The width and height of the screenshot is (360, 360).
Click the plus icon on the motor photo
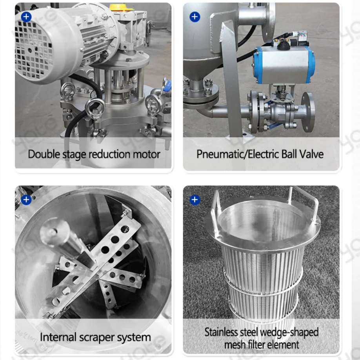26,17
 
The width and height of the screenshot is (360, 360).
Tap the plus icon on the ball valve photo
195,17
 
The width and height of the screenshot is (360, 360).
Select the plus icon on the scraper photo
26,200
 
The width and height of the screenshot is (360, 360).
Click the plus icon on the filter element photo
195,200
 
